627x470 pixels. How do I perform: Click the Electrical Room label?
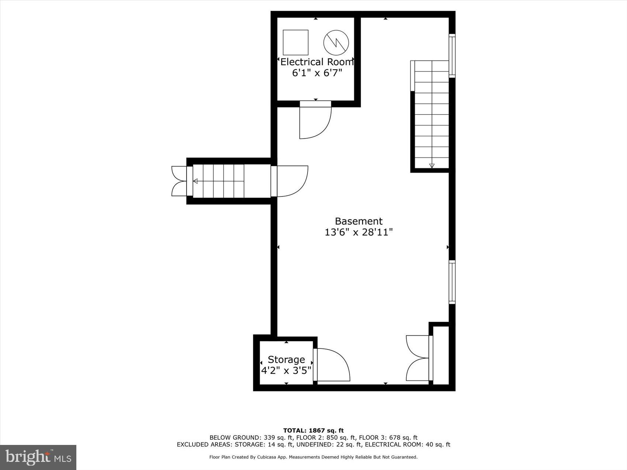point(317,62)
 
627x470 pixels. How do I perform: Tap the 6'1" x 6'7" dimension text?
point(317,73)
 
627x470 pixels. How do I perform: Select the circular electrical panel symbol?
point(336,42)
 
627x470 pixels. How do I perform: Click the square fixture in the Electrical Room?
point(295,42)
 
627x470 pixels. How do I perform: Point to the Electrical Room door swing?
point(313,122)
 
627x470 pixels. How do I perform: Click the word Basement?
point(358,221)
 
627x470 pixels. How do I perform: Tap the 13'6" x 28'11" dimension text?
point(358,232)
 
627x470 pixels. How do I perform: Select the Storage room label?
point(286,359)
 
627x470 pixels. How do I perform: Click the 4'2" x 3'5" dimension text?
point(286,370)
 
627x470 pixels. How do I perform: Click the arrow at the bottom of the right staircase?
point(432,166)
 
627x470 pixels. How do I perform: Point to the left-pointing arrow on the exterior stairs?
point(195,181)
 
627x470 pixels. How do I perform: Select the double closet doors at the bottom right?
point(418,358)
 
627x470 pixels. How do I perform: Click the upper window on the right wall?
point(452,56)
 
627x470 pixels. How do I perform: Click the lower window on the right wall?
point(452,282)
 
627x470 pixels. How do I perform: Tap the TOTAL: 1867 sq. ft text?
point(313,430)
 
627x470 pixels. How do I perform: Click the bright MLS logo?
point(38,457)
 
